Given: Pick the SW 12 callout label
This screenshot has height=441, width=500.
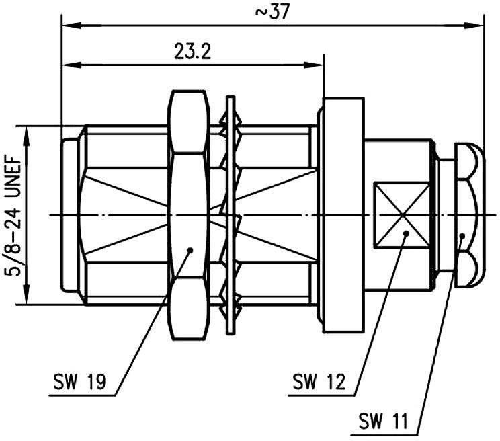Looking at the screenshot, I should pos(318,382).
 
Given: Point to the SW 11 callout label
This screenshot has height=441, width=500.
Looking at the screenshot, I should pos(381,423).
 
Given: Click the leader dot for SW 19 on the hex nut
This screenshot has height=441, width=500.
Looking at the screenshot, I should pos(190,250).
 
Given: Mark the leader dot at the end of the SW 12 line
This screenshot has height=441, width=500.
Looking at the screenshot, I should pos(406,234).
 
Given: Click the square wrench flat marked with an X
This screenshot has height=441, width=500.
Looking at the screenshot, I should pos(401,215).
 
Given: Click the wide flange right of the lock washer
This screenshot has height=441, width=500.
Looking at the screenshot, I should pos(343,215).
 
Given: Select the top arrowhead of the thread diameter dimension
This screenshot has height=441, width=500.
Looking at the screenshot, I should pos(28,132).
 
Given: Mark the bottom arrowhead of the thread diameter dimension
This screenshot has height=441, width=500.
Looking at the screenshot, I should pos(28,298).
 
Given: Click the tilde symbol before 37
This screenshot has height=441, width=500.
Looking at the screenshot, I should pos(259,13).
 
